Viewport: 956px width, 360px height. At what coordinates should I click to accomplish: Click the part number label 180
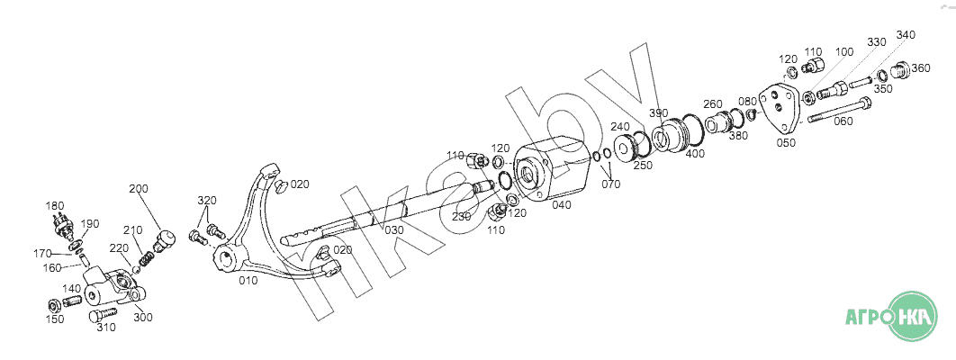54,206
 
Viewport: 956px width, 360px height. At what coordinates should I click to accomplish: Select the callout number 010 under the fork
248,281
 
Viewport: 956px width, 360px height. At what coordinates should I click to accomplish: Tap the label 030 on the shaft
394,229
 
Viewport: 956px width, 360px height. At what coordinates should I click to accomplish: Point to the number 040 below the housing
562,205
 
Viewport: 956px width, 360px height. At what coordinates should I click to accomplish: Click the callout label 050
786,143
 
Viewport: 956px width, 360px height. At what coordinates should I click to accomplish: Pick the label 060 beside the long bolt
843,121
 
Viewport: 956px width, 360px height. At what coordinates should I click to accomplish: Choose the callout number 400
695,154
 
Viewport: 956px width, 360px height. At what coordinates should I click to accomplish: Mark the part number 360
921,68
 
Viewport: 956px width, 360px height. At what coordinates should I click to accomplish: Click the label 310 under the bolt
105,327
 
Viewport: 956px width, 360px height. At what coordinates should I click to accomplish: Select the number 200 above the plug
139,189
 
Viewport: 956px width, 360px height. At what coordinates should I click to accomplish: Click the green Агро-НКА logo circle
913,316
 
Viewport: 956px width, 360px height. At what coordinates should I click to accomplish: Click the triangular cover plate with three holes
778,107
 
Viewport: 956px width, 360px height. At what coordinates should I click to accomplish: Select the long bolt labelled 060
840,111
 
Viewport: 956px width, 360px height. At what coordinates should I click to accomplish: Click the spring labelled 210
147,259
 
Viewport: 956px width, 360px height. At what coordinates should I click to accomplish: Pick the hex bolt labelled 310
103,315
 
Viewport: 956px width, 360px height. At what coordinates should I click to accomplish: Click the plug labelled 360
899,70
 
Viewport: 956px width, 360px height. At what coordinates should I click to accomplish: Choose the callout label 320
207,201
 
